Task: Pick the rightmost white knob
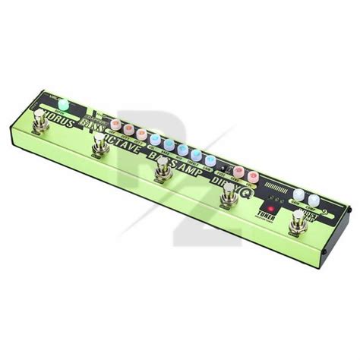(315, 199)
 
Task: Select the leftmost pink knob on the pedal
(115, 122)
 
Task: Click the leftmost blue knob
(154, 139)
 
